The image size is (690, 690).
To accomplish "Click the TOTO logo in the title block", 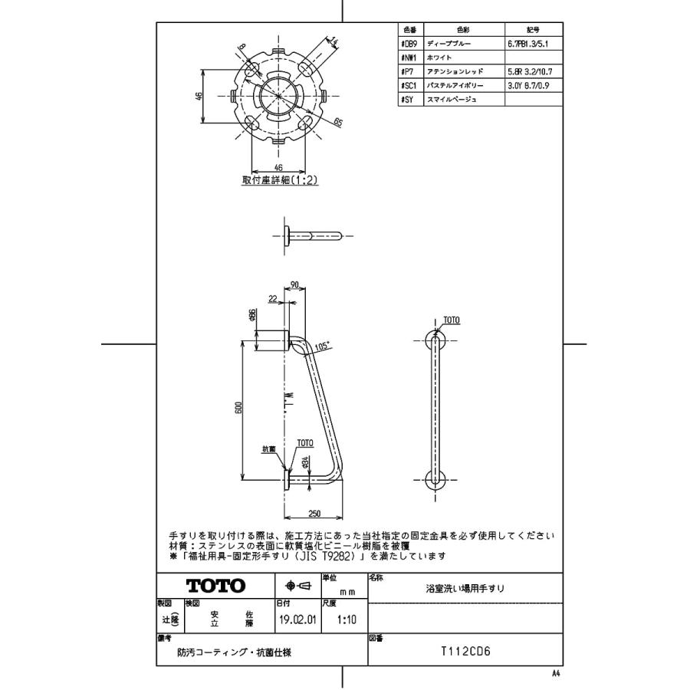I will pyautogui.click(x=216, y=586).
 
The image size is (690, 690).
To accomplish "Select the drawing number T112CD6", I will pyautogui.click(x=465, y=652).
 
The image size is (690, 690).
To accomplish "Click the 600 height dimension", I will pyautogui.click(x=238, y=407).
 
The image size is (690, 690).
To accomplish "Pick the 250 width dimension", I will pyautogui.click(x=314, y=513).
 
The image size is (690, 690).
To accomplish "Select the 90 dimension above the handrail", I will pyautogui.click(x=295, y=285).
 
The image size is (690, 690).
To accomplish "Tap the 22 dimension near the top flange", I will pyautogui.click(x=273, y=299).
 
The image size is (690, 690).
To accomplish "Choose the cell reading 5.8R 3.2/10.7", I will pyautogui.click(x=529, y=70).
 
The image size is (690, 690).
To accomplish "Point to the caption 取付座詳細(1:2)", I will pyautogui.click(x=279, y=181).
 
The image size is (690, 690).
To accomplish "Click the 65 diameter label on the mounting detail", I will pyautogui.click(x=337, y=122).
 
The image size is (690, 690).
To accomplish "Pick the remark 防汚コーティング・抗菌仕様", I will pyautogui.click(x=223, y=653).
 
